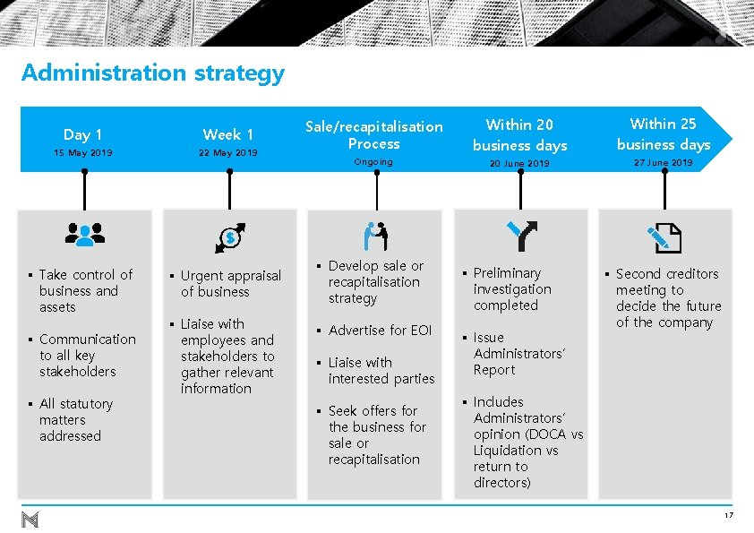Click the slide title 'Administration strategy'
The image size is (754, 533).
[x=152, y=73]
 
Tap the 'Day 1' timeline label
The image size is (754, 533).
[x=83, y=134]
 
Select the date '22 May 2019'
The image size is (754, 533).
[x=228, y=153]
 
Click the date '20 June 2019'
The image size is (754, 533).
[x=519, y=164]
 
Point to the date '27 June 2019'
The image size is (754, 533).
[x=664, y=163]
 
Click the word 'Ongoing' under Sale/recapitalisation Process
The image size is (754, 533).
[x=373, y=162]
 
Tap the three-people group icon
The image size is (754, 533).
[x=85, y=235]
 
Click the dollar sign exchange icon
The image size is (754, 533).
[x=230, y=236]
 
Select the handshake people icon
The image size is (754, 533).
[x=375, y=236]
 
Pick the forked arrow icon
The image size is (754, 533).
[x=520, y=235]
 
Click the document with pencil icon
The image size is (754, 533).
[x=664, y=236]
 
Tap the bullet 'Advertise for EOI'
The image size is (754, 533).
[x=380, y=331]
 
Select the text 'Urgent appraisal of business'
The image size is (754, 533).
[x=230, y=284]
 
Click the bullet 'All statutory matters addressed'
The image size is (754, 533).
[x=76, y=420]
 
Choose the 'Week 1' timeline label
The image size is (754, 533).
[x=228, y=134]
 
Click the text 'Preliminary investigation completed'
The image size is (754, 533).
[x=511, y=289]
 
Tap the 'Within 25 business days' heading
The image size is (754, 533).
[x=664, y=133]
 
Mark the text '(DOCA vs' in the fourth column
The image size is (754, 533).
[x=553, y=434]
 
